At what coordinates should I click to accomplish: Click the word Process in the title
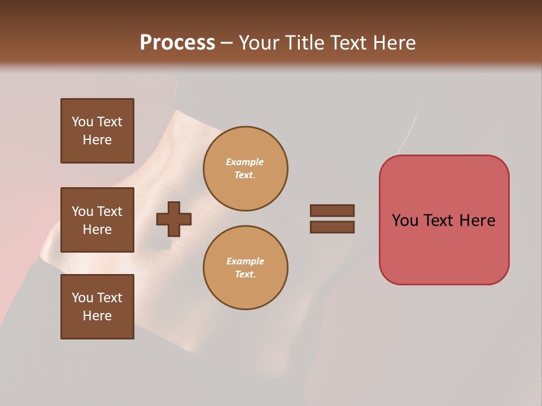click(x=177, y=42)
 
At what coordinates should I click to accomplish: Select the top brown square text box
click(x=97, y=131)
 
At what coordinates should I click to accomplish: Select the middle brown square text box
click(x=97, y=220)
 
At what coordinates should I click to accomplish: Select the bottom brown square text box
click(x=97, y=306)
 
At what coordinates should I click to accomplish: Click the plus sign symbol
click(x=174, y=219)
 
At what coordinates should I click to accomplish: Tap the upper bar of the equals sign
click(x=332, y=210)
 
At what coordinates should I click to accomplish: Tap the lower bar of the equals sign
click(x=332, y=227)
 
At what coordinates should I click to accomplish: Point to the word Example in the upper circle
click(x=244, y=162)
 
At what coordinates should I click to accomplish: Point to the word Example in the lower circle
click(x=245, y=261)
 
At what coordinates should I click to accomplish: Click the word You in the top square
click(x=82, y=122)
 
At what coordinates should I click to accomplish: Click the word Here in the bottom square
click(x=97, y=316)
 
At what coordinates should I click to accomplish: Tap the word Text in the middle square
click(x=110, y=211)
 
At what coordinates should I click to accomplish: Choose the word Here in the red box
click(x=477, y=220)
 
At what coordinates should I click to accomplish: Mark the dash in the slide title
click(x=226, y=43)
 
